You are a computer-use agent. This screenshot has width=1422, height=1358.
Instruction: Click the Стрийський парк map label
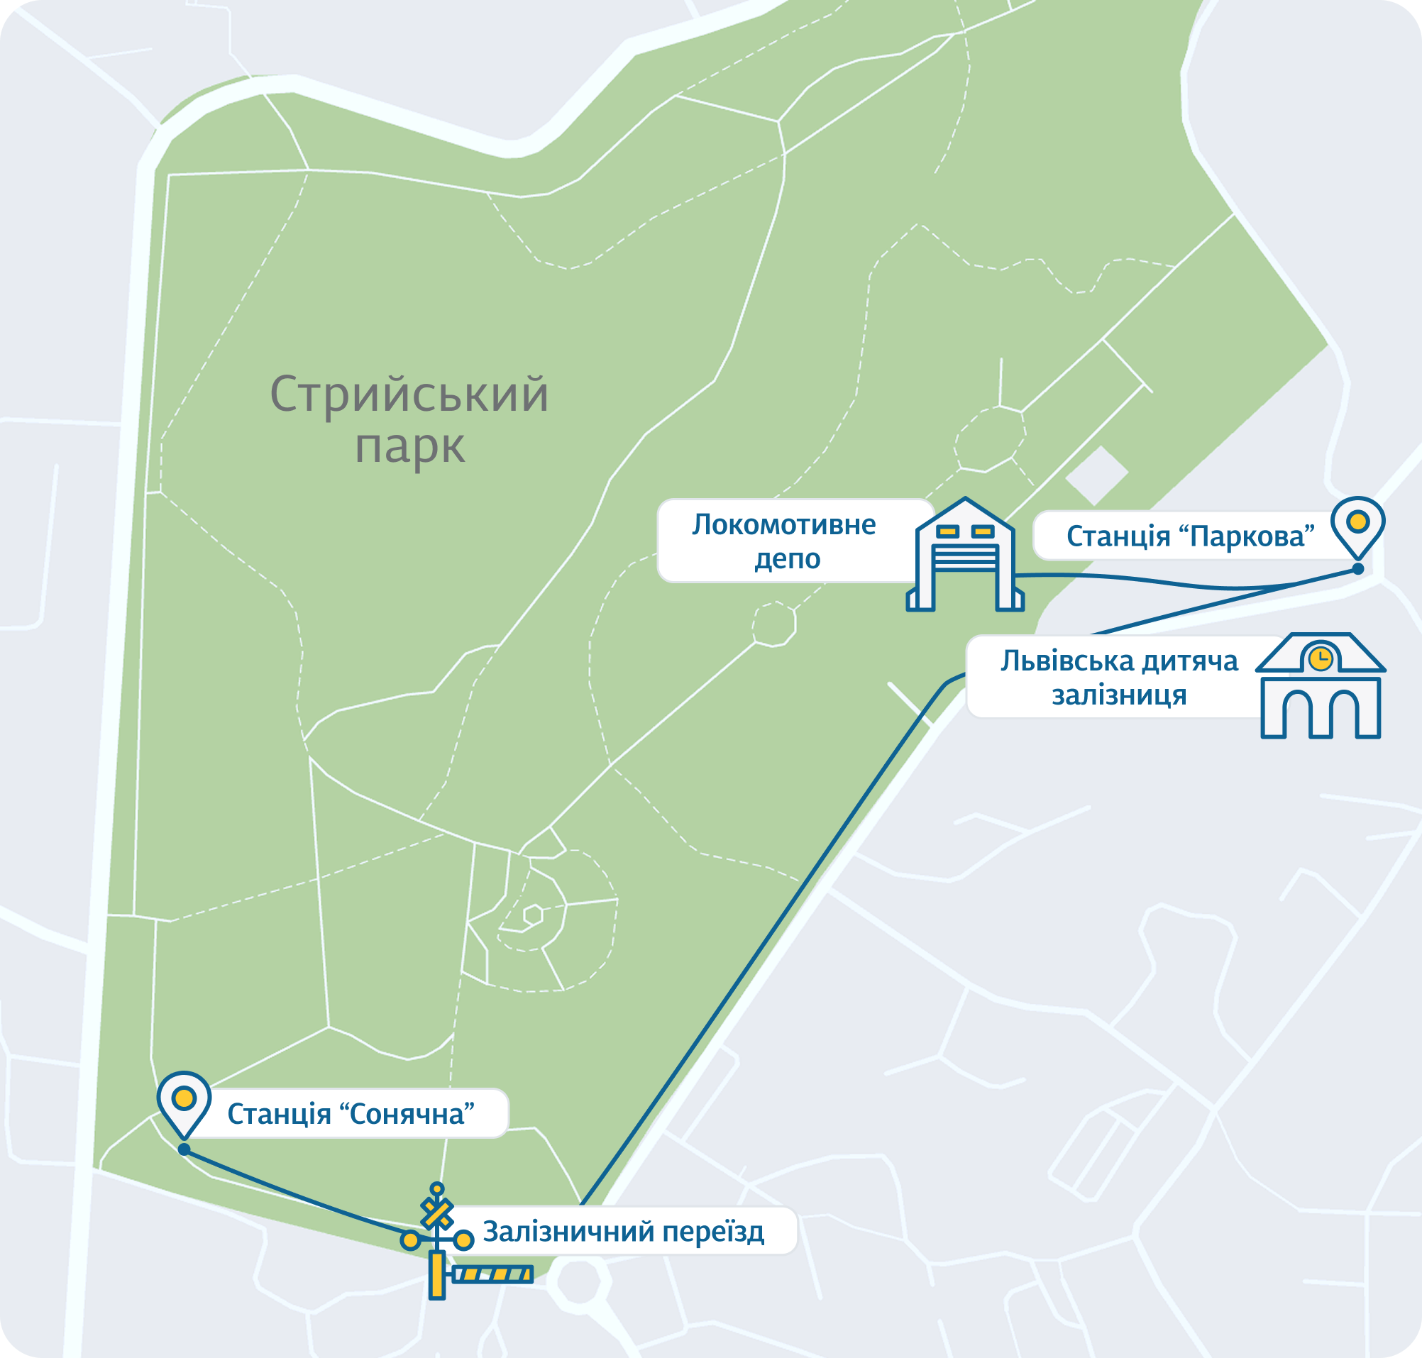(x=409, y=420)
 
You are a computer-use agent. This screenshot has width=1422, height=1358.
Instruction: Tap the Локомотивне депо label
(x=785, y=541)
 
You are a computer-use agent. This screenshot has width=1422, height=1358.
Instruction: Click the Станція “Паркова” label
(x=1189, y=536)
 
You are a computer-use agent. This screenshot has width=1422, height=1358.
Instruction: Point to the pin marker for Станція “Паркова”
(x=1357, y=525)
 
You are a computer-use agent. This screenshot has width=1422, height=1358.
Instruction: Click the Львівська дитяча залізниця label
(x=1118, y=678)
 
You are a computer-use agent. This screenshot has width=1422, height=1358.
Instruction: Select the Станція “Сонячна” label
(x=351, y=1114)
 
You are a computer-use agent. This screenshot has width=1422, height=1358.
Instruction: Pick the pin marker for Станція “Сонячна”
(x=184, y=1100)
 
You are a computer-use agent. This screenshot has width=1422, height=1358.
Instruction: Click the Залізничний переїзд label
(x=624, y=1231)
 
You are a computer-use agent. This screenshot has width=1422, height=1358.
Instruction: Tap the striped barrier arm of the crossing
(x=492, y=1275)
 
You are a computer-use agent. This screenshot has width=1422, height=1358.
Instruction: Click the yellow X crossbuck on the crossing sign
(x=437, y=1214)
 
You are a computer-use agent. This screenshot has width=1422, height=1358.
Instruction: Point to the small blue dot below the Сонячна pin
(x=184, y=1149)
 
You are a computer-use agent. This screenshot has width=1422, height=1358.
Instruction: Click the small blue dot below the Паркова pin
(x=1357, y=569)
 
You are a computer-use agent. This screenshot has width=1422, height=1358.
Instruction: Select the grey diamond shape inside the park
(x=1097, y=475)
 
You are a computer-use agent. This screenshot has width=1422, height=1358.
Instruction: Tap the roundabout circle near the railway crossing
(x=579, y=1281)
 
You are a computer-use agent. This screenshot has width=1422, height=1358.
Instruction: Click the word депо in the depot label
(x=787, y=559)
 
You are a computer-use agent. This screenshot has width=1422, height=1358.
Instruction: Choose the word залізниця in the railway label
(x=1119, y=695)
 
